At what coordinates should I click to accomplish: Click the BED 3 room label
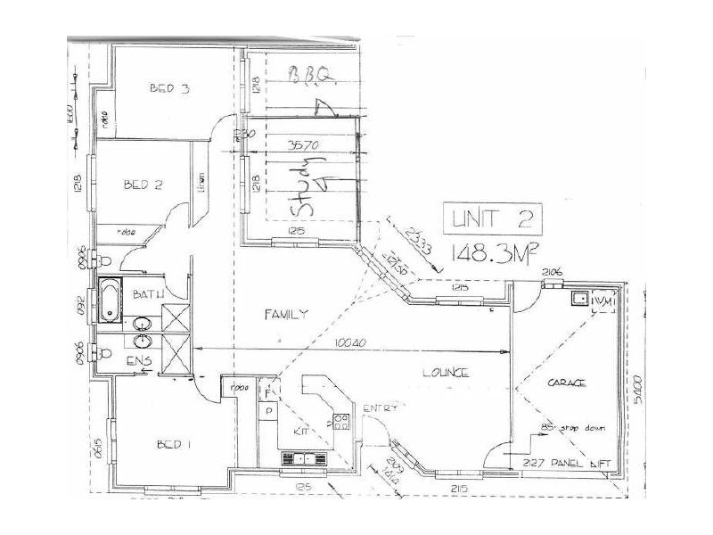coord(169,88)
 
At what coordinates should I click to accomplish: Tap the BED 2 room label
coord(143,185)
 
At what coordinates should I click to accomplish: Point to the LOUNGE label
coord(447,373)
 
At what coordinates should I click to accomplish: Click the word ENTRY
coord(379,408)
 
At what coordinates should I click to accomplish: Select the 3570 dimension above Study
coord(304,143)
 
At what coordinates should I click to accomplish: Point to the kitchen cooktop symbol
coord(340,422)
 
